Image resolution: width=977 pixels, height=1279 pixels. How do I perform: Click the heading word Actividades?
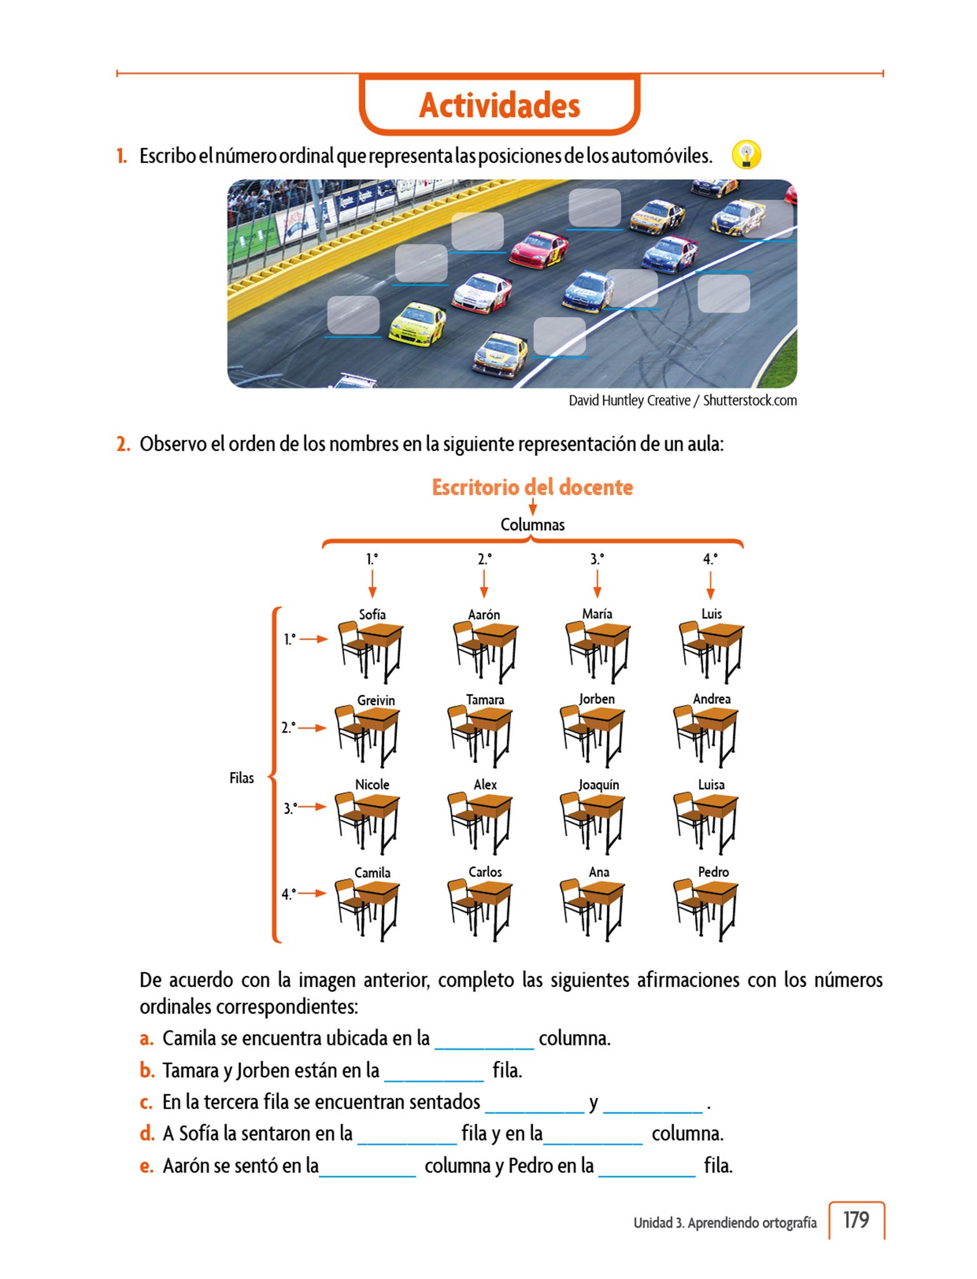500,105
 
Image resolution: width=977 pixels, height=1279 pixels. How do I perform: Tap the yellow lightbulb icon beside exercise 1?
746,154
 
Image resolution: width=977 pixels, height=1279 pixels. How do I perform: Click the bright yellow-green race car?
417,323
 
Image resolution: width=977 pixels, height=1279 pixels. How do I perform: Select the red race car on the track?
539,249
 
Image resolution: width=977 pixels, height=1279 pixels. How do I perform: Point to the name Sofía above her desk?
372,615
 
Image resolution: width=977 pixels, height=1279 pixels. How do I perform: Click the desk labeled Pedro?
707,908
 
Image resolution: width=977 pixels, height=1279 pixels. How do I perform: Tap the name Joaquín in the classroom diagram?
598,785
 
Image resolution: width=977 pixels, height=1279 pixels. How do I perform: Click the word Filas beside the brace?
241,778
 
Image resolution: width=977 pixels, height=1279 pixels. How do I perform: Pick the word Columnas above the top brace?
532,525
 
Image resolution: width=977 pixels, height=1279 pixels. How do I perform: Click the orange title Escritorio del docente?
532,487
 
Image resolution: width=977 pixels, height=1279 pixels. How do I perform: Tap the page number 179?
856,1220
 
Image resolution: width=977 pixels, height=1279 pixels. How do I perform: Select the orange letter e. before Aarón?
146,1166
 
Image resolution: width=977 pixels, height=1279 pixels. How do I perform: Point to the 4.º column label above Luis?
710,559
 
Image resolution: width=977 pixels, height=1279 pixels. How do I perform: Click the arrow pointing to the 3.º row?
312,807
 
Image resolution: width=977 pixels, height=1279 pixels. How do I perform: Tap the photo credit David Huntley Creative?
629,401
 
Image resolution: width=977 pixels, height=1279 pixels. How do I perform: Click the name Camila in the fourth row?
372,872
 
